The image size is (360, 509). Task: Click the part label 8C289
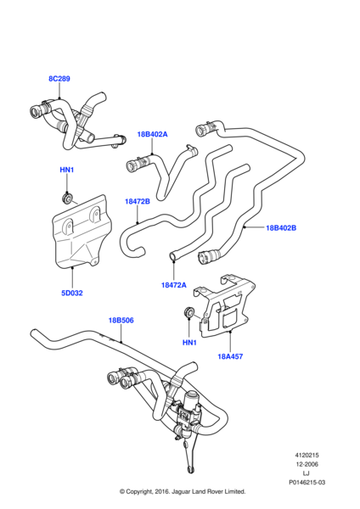[x=59, y=79]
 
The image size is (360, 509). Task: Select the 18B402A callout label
[x=152, y=134]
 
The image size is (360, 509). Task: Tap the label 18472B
[x=138, y=202]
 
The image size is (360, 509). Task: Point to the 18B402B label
[x=281, y=228]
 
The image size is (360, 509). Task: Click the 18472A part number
[x=174, y=285]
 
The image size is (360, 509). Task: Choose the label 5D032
[x=72, y=293]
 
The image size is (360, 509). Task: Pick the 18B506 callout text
[x=121, y=321]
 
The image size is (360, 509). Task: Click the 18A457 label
[x=230, y=356]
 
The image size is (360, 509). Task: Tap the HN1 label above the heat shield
[x=66, y=170]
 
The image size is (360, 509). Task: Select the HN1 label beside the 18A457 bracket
[x=189, y=343]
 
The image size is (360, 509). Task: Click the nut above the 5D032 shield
[x=67, y=198]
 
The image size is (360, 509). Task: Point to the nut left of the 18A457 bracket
[x=188, y=312]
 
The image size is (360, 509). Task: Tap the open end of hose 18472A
[x=172, y=256]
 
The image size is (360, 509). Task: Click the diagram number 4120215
[x=307, y=456]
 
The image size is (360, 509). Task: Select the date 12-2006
[x=307, y=464]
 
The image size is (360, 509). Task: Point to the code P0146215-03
[x=307, y=483]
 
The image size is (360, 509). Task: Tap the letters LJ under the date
[x=306, y=473]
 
